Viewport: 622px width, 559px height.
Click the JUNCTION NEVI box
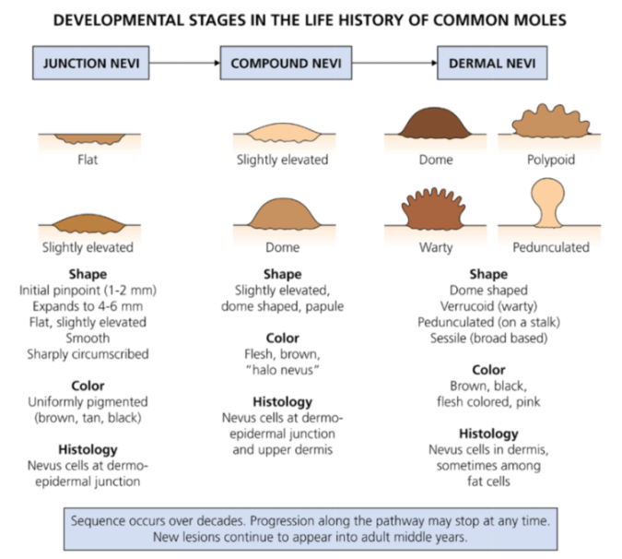(x=91, y=63)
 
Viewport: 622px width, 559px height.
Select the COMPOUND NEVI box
(x=286, y=63)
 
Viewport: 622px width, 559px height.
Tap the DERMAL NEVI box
(x=492, y=63)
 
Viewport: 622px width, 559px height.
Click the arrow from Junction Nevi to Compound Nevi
(x=185, y=63)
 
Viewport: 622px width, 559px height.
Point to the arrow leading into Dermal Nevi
(x=394, y=63)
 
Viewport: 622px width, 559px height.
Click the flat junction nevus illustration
(x=89, y=139)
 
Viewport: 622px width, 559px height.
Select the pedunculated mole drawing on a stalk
(x=547, y=203)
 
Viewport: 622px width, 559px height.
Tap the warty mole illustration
(x=434, y=208)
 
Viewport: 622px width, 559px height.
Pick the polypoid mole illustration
(x=551, y=121)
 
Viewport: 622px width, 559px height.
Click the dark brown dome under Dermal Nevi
(x=435, y=123)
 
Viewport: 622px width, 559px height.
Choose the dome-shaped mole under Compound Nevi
(x=284, y=214)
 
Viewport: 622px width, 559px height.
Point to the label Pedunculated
(x=551, y=247)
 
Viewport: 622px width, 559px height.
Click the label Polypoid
(x=551, y=160)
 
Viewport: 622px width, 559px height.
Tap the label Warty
(x=436, y=247)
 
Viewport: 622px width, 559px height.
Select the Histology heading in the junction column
(x=88, y=449)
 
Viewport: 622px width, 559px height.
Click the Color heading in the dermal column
(x=488, y=370)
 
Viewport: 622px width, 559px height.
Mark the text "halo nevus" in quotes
(x=282, y=370)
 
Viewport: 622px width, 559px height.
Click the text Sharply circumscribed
(x=88, y=353)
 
